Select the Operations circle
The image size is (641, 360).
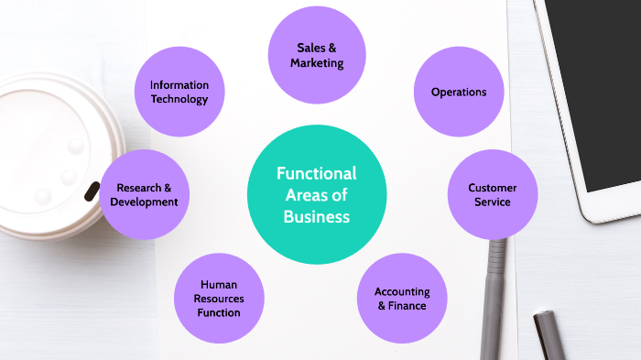(459, 92)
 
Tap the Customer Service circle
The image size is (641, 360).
(492, 194)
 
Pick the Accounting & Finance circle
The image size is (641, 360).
(401, 298)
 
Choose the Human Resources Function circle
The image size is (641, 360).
(219, 299)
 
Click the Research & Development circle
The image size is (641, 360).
(145, 194)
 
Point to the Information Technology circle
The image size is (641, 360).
(179, 92)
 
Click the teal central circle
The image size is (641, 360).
(316, 194)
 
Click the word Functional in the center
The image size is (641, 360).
(317, 173)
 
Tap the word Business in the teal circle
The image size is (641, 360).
(317, 217)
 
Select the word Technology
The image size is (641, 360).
(179, 99)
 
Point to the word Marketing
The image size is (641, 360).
(317, 63)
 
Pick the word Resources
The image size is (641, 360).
(219, 299)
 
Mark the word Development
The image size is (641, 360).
(145, 202)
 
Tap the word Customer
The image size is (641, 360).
(493, 188)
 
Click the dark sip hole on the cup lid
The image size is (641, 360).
(92, 191)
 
